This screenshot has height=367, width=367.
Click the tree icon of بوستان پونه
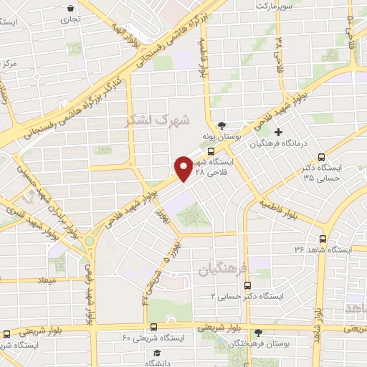pos(223,125)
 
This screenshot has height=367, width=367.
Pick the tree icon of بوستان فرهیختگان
pos(258,333)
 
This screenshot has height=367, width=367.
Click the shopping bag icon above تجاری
pos(71,9)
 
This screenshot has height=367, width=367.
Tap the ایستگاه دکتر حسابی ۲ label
pos(247,295)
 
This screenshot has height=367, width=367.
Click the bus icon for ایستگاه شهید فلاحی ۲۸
pos(210,152)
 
